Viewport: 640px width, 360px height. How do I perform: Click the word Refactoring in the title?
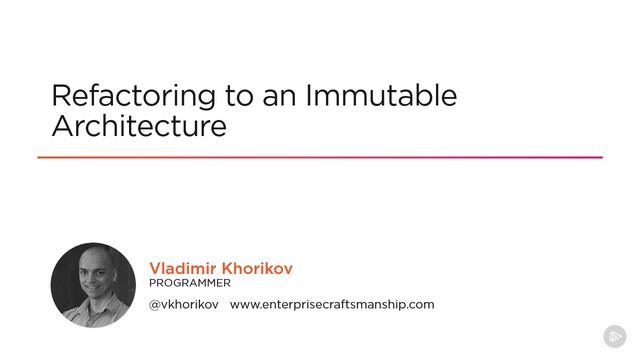133,97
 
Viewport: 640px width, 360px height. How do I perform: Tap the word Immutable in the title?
381,96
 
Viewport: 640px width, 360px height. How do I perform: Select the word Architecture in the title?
139,125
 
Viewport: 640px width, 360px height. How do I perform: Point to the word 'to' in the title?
239,96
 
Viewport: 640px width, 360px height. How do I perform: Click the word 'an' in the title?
279,99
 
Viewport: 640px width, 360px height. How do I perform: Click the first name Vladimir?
182,268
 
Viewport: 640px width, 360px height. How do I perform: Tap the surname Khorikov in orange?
257,268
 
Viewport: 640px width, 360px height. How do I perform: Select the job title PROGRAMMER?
190,283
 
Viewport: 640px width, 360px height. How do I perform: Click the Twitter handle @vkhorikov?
184,304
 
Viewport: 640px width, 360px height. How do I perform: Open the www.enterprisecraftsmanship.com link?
332,304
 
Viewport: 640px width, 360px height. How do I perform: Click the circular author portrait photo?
93,285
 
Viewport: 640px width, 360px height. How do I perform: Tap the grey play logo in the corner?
615,336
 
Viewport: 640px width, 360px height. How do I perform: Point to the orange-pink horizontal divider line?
320,157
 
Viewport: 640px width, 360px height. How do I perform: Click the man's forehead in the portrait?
97,260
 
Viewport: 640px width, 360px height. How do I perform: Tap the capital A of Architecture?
63,125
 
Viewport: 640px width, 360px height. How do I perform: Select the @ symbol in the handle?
155,305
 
